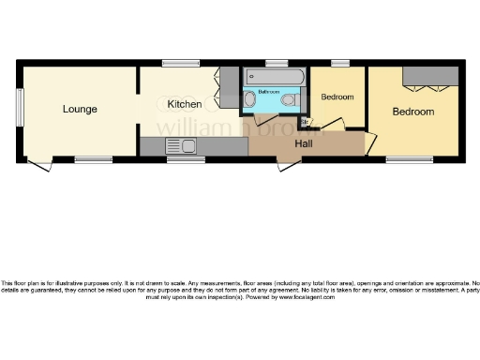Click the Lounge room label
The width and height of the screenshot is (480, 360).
pos(80,110)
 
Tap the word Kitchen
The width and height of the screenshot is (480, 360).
pos(184,103)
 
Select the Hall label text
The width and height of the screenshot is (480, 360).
pos(305,144)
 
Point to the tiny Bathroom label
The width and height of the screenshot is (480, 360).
pos(270,92)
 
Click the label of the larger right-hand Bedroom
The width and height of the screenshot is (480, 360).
pos(412,112)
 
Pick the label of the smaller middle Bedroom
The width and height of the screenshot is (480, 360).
pos(337,97)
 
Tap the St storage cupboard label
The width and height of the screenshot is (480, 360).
pos(304,122)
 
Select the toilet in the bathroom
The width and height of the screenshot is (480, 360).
pos(292,99)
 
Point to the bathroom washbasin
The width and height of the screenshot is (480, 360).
pos(249,99)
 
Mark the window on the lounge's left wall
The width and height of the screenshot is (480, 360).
pos(18,111)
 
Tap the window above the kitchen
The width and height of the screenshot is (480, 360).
pos(180,63)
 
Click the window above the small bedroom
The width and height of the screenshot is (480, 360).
pos(339,63)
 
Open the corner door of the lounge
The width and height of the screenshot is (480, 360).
pos(38,165)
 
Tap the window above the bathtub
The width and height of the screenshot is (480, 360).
pos(276,63)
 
